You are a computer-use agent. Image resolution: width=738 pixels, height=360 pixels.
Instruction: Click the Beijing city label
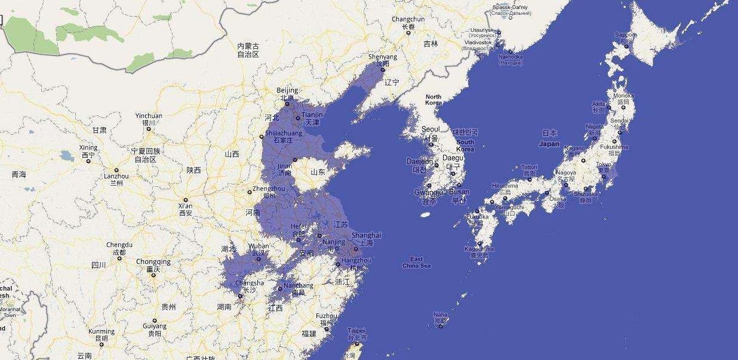(287, 91)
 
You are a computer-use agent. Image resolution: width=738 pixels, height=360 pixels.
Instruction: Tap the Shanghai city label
(366, 235)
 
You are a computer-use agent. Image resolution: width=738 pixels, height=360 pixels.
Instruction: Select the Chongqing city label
(153, 261)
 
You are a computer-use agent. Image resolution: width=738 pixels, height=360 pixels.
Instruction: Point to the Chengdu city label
(119, 245)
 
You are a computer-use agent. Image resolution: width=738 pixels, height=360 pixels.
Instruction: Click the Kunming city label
(101, 331)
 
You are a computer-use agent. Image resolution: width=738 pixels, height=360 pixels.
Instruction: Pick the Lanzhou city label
(116, 176)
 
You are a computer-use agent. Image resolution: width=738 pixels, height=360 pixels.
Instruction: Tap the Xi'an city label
(185, 206)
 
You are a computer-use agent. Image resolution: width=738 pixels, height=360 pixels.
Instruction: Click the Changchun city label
(408, 19)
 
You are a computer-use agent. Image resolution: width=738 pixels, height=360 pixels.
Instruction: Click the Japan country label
(549, 144)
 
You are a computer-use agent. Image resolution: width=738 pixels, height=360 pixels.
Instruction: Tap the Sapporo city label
(626, 35)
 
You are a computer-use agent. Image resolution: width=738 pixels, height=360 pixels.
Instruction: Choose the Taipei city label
(356, 330)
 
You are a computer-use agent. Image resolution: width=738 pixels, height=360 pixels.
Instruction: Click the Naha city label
(440, 315)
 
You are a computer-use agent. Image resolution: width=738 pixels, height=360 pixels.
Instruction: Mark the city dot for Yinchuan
(149, 129)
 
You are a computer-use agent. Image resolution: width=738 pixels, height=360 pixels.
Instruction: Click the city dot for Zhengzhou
(250, 192)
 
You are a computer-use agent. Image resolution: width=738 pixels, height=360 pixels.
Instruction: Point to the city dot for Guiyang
(155, 320)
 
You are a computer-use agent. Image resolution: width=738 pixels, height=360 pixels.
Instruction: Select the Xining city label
(88, 147)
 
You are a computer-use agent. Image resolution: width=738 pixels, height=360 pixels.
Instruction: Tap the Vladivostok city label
(478, 42)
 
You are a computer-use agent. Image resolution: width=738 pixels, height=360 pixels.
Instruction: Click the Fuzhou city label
(327, 316)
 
